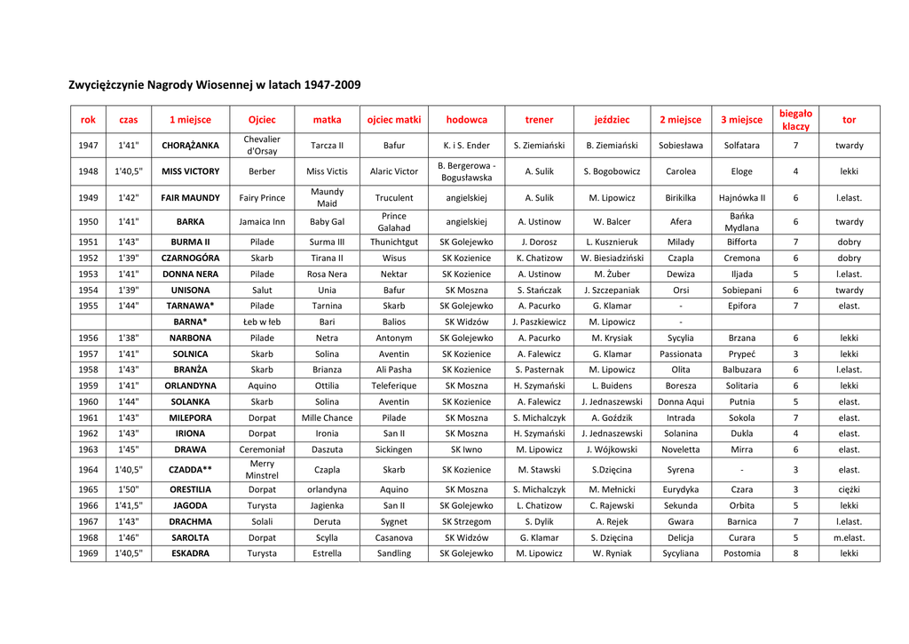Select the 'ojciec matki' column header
(393, 120)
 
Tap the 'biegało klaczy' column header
(795, 120)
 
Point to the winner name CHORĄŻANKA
(190, 146)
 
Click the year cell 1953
(88, 274)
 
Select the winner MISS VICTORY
(190, 171)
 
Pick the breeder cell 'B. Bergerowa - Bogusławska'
(466, 171)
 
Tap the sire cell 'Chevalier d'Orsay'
(262, 146)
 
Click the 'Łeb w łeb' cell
(262, 322)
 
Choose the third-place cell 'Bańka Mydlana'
(741, 222)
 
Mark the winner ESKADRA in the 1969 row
(190, 553)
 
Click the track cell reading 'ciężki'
(849, 489)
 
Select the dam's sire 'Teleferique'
(393, 386)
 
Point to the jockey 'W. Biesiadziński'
(612, 258)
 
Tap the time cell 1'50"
(128, 489)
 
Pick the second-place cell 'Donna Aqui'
(680, 402)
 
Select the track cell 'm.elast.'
(849, 537)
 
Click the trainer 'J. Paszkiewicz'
(539, 322)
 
